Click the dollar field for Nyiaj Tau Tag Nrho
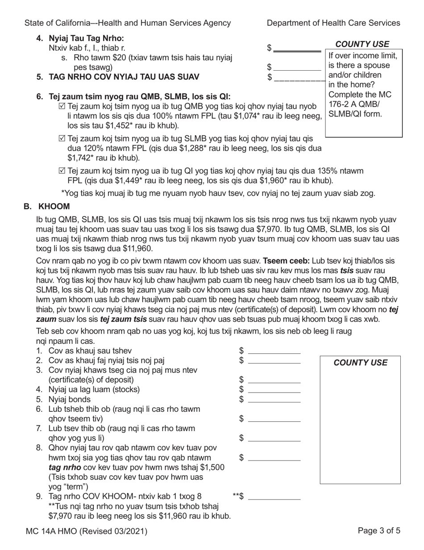click(x=297, y=48)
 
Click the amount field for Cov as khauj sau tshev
click(x=274, y=350)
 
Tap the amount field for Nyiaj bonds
click(x=274, y=399)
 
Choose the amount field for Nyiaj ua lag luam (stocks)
click(x=274, y=389)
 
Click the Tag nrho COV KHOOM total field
click(x=274, y=496)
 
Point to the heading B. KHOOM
click(x=47, y=207)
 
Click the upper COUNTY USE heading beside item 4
click(x=362, y=44)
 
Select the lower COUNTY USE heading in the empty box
click(x=361, y=363)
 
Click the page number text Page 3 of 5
click(x=379, y=531)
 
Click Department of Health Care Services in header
click(x=333, y=23)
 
